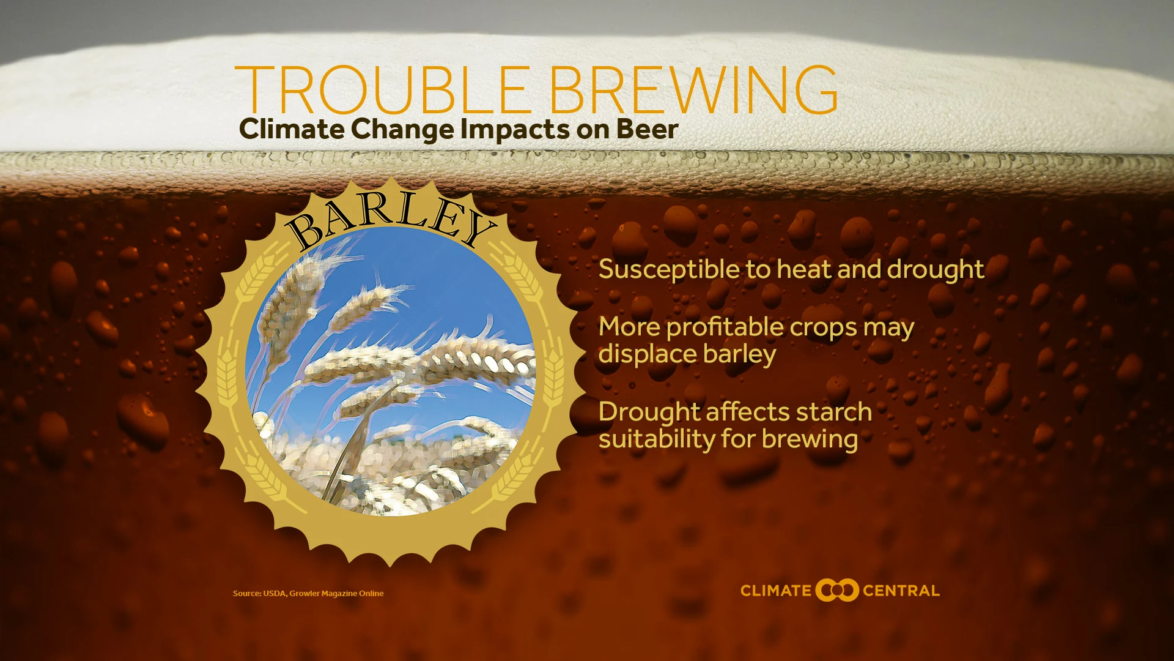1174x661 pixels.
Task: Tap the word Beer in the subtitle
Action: tap(648, 129)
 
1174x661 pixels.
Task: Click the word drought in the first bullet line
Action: tap(936, 270)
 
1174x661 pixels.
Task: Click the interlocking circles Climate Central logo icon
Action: tap(837, 590)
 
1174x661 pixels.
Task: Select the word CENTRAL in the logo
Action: tap(901, 591)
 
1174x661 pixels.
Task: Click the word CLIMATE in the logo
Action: tap(776, 591)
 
